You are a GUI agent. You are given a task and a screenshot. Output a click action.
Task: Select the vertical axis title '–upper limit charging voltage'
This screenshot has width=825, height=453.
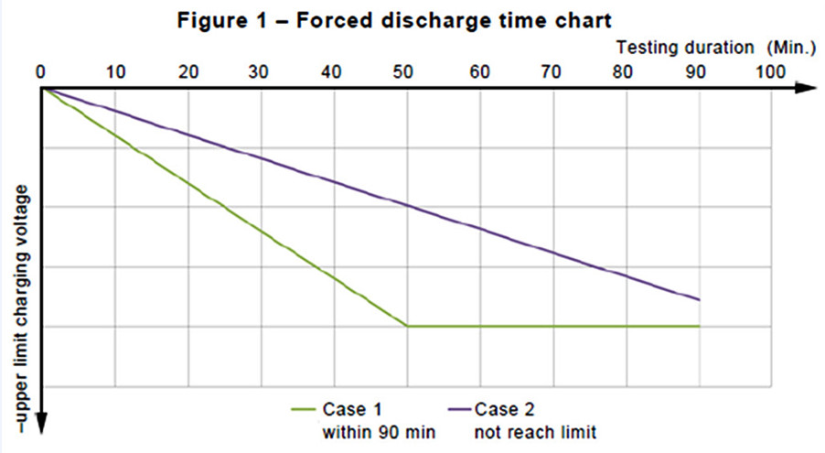[x=20, y=307]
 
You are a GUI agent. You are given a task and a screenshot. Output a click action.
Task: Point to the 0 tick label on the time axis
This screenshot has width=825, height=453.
[x=40, y=70]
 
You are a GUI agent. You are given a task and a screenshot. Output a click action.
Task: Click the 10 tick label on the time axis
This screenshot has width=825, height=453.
[x=114, y=70]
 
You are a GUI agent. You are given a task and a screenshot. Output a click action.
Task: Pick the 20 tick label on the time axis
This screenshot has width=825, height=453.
[x=187, y=70]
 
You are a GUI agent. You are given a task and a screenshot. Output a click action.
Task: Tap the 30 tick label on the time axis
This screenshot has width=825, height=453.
[x=261, y=70]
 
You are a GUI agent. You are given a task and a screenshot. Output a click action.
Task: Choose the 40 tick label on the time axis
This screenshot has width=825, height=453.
[x=334, y=70]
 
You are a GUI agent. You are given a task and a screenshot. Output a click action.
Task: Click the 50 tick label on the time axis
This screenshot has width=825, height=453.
[x=407, y=70]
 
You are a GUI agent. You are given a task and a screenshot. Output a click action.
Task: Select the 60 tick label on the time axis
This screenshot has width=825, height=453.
[x=480, y=70]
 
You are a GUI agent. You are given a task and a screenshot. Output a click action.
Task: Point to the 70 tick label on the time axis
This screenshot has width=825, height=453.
[x=553, y=70]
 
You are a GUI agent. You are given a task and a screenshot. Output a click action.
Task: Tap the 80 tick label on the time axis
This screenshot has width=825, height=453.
[x=627, y=70]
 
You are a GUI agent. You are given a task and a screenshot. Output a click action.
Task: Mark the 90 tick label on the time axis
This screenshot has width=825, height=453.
[x=700, y=70]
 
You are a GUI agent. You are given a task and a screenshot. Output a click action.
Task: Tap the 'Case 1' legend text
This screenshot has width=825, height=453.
[x=345, y=408]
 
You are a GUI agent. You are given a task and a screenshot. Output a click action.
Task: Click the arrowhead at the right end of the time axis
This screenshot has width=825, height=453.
[x=806, y=89]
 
